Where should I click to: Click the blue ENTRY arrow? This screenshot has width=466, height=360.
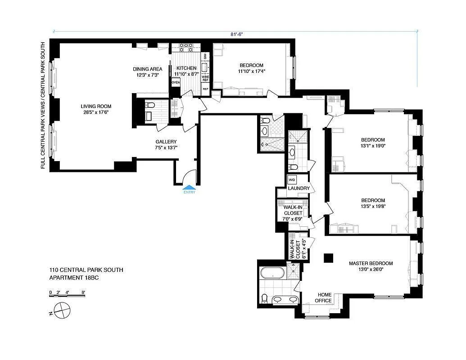pyautogui.click(x=189, y=187)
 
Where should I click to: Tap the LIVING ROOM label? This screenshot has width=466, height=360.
pyautogui.click(x=96, y=106)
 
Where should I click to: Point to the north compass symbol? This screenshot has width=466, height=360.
pyautogui.click(x=60, y=310)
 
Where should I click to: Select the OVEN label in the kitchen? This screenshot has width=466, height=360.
pyautogui.click(x=176, y=82)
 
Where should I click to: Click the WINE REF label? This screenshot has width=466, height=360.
pyautogui.click(x=205, y=78)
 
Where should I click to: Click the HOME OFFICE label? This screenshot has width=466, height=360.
pyautogui.click(x=324, y=297)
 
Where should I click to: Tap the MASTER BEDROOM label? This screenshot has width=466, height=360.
pyautogui.click(x=371, y=263)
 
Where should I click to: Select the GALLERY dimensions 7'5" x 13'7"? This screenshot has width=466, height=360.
pyautogui.click(x=166, y=148)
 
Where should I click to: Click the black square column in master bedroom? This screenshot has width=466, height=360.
pyautogui.click(x=329, y=258)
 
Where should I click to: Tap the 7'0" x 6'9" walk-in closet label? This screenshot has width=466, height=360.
pyautogui.click(x=293, y=219)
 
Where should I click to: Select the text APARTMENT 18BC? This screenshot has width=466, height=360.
pyautogui.click(x=74, y=278)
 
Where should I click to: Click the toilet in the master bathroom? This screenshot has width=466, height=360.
pyautogui.click(x=264, y=298)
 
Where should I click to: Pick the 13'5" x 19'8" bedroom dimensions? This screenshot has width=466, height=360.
pyautogui.click(x=373, y=206)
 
